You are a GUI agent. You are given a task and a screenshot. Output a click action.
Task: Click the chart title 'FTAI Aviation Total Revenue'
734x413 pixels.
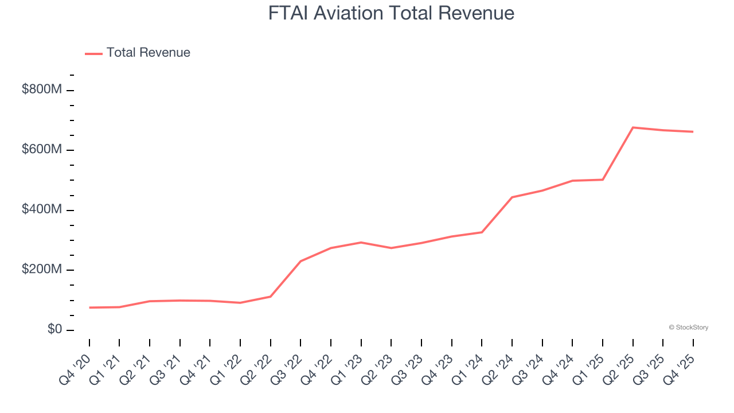391,13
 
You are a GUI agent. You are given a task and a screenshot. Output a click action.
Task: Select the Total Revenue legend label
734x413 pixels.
148,53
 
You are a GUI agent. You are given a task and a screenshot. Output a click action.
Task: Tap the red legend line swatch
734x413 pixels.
93,53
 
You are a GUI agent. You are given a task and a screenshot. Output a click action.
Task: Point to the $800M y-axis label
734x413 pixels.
41,89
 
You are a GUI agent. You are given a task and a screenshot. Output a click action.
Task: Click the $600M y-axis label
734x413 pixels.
41,150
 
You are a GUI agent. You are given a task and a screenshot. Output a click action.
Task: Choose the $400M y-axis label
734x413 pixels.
41,210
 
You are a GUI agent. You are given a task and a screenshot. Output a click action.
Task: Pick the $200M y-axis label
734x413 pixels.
41,270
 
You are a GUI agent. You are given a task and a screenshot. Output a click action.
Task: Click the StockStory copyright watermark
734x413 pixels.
688,328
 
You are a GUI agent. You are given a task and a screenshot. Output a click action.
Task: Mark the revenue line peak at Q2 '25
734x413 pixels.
633,127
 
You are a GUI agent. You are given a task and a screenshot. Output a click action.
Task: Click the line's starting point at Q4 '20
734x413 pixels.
89,307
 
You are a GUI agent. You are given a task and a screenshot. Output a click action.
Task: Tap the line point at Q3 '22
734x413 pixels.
300,261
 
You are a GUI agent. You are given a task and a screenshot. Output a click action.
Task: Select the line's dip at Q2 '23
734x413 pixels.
391,248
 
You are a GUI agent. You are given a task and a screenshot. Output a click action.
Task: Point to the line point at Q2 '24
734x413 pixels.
512,197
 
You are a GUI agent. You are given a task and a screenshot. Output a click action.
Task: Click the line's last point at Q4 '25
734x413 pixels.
693,132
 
